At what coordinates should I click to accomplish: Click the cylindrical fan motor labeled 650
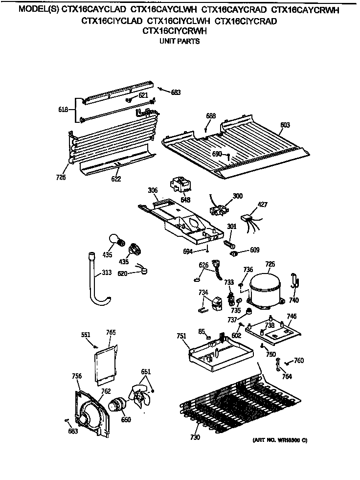[117, 406]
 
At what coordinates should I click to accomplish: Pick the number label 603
[285, 125]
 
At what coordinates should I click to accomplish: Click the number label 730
[195, 437]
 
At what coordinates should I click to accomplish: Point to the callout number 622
[116, 179]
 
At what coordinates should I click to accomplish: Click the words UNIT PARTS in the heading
[180, 42]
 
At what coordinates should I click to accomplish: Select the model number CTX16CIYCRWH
[175, 31]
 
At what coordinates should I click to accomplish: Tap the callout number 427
[263, 205]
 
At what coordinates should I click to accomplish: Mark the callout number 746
[292, 316]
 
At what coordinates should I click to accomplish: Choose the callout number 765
[111, 332]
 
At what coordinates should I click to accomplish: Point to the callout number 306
[153, 190]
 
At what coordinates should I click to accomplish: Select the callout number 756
[76, 376]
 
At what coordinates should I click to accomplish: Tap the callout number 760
[299, 361]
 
